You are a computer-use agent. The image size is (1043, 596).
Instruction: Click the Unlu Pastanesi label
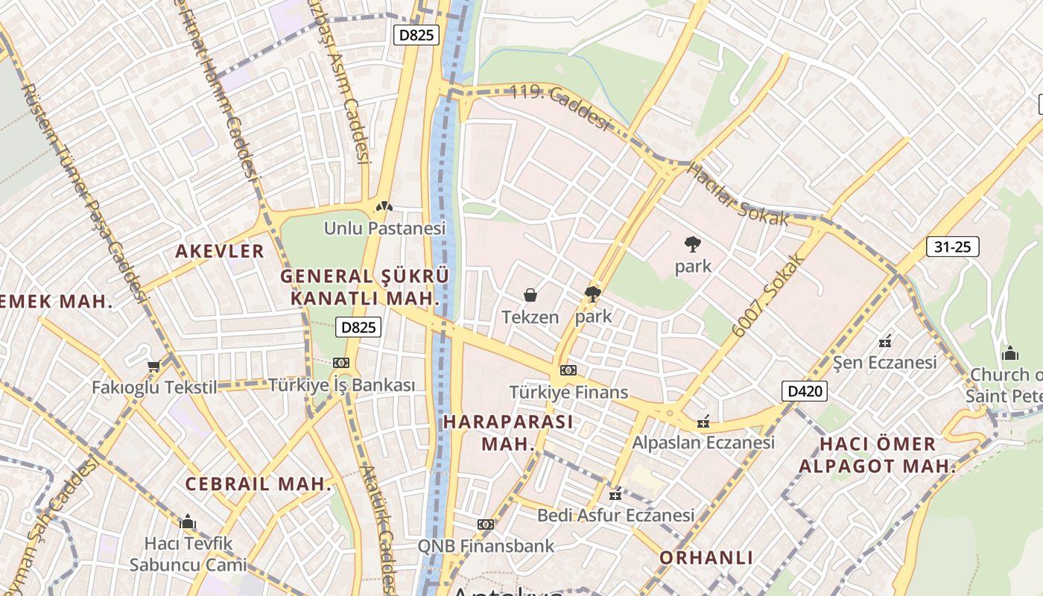click(384, 228)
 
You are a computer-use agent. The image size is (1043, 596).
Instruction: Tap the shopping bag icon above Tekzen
click(530, 296)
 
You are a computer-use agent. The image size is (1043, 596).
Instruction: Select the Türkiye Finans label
click(568, 392)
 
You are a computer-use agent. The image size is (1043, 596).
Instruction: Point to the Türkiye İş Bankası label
click(341, 385)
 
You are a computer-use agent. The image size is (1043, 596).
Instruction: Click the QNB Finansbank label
click(486, 545)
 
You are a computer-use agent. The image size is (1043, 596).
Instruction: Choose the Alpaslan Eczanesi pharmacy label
click(703, 442)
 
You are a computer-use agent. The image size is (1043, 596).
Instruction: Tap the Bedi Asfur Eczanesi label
click(615, 515)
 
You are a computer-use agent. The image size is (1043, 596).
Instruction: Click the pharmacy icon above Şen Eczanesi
click(885, 342)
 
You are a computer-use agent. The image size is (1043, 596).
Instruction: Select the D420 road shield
click(805, 390)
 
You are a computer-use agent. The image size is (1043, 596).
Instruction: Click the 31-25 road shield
click(952, 247)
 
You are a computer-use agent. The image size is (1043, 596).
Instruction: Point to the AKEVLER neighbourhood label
click(220, 251)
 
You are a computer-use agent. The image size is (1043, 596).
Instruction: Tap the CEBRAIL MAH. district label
click(258, 484)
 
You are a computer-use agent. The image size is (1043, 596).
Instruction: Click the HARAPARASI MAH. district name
click(508, 432)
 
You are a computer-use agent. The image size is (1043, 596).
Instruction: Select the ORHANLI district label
click(706, 557)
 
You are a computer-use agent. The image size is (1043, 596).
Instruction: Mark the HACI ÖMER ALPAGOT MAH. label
click(878, 454)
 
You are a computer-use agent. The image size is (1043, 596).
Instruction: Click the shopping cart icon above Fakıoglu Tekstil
click(154, 366)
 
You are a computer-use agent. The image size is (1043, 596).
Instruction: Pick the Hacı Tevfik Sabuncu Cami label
click(188, 554)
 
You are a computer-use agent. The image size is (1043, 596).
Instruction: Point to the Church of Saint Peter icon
click(1010, 353)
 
